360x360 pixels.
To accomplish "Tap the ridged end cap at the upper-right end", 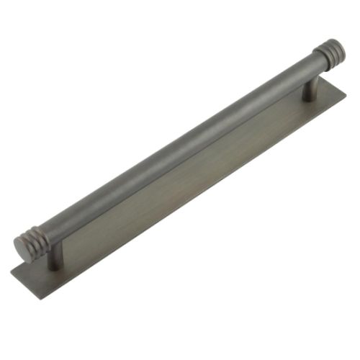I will click(328, 54).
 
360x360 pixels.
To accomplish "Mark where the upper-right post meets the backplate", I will click(310, 98).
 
